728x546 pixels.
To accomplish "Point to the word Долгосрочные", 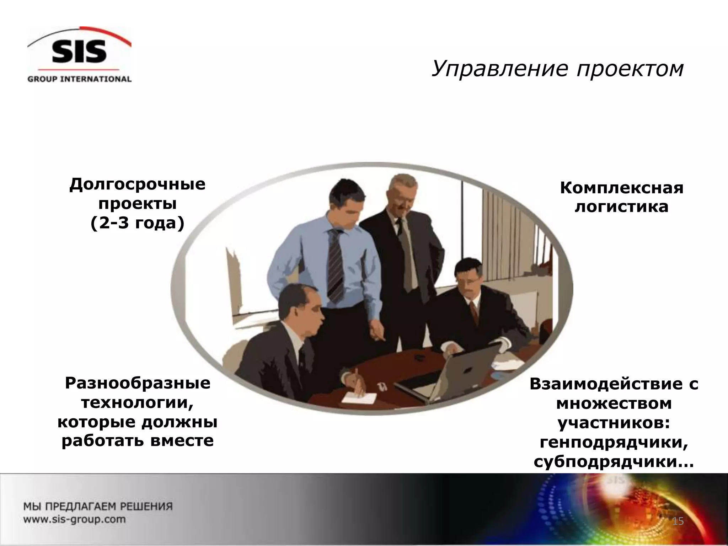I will [x=137, y=184].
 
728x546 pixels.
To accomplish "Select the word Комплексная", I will [x=622, y=188].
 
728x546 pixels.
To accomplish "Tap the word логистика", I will [x=622, y=207].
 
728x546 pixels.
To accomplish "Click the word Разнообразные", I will [x=138, y=384].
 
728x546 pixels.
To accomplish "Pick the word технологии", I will [x=138, y=403].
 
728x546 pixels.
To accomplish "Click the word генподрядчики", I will [x=614, y=443].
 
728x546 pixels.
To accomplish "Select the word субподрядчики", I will [x=614, y=462].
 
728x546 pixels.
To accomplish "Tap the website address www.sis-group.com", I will [x=75, y=519].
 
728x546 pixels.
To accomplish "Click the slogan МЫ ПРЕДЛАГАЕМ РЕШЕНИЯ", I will [x=98, y=506].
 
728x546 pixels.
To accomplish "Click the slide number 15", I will [x=678, y=521].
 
